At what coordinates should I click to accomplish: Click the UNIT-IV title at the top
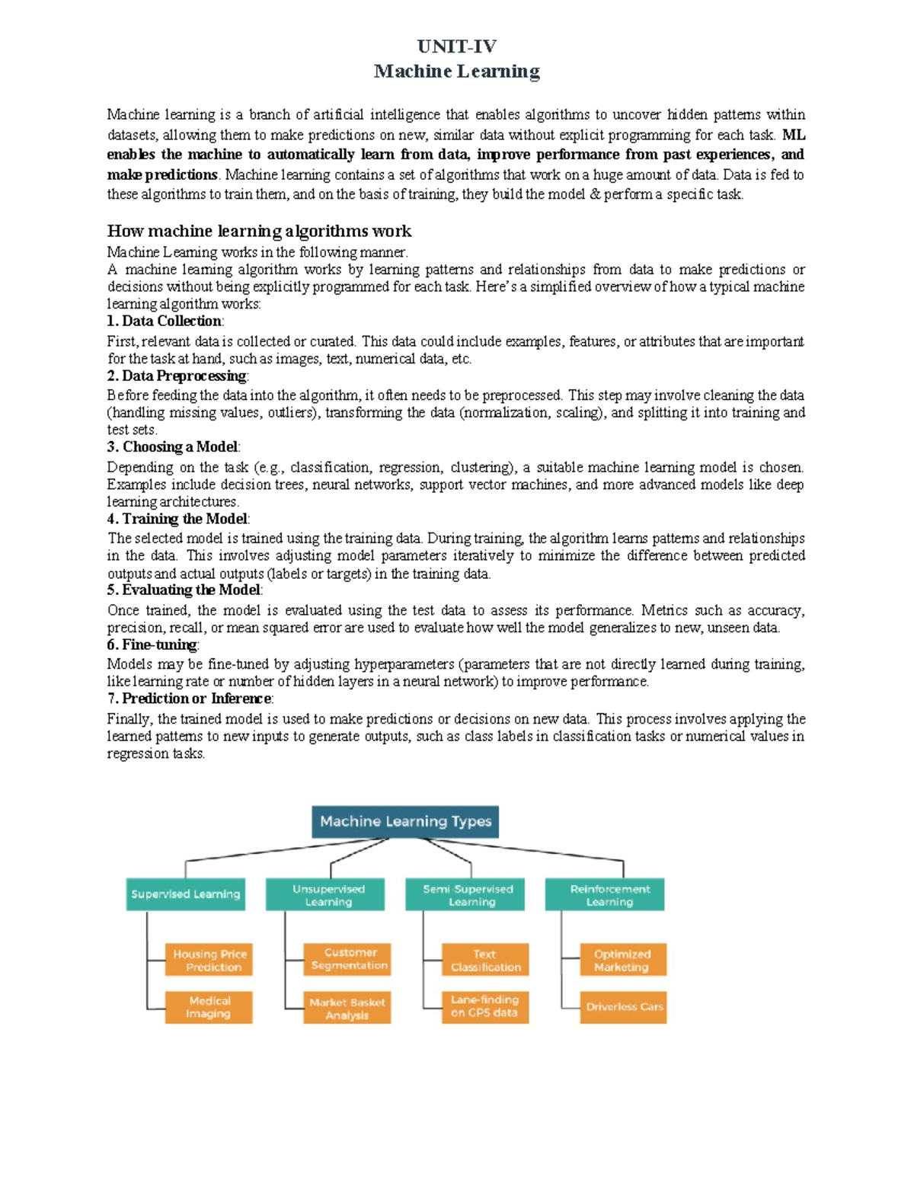pyautogui.click(x=457, y=46)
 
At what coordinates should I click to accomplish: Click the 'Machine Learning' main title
pyautogui.click(x=457, y=72)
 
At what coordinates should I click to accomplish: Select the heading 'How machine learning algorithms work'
pyautogui.click(x=259, y=231)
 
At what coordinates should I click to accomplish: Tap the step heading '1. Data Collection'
pyautogui.click(x=165, y=321)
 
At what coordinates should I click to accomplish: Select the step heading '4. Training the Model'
pyautogui.click(x=178, y=519)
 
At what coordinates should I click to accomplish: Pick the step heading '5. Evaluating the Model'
pyautogui.click(x=185, y=590)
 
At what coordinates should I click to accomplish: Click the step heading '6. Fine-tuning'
pyautogui.click(x=153, y=645)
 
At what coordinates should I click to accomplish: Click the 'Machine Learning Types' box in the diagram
pyautogui.click(x=405, y=822)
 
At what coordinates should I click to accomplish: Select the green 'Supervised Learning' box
pyautogui.click(x=186, y=894)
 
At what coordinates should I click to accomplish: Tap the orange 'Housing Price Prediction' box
pyautogui.click(x=209, y=961)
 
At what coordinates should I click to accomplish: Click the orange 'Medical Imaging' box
pyautogui.click(x=209, y=1007)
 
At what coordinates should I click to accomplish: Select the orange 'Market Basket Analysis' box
pyautogui.click(x=347, y=1008)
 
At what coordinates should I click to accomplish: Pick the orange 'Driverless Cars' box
pyautogui.click(x=623, y=1007)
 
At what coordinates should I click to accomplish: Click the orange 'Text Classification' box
pyautogui.click(x=485, y=961)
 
